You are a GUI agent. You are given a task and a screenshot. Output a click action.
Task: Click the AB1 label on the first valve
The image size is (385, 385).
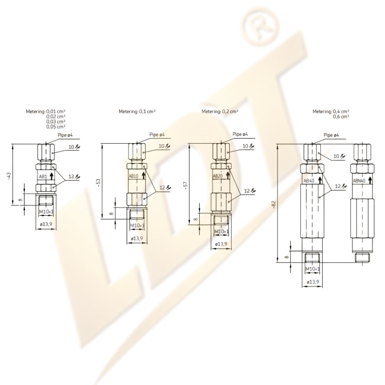(x=43, y=176)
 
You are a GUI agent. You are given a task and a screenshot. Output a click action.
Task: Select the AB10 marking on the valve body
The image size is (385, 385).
(x=133, y=176)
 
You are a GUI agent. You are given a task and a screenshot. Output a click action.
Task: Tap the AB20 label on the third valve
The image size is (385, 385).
(x=218, y=176)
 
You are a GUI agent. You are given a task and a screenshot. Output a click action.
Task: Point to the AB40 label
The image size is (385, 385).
(x=309, y=181)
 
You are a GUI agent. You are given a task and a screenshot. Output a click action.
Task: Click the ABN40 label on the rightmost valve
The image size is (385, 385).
(x=359, y=181)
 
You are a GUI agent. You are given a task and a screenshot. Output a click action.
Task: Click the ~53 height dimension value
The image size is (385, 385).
(x=98, y=183)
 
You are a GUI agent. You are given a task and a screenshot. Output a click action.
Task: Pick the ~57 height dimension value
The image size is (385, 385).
(x=185, y=185)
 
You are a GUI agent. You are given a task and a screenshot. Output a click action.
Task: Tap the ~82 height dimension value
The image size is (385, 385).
(x=274, y=204)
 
